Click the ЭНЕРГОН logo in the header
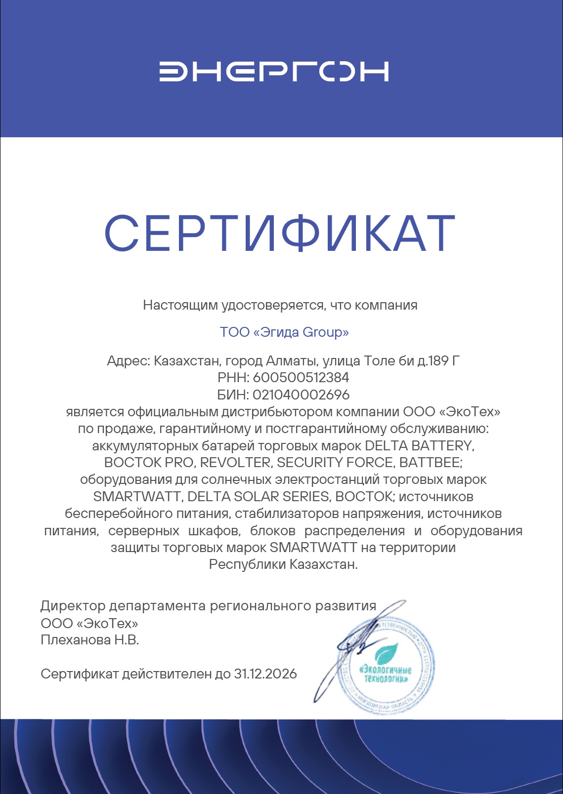pos(274,72)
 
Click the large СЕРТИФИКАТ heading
pos(280,234)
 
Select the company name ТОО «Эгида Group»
pos(284,332)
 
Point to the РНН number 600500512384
pos(301,378)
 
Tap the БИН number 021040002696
pos(301,395)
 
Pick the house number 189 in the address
pos(438,361)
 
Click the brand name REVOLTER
pos(235,463)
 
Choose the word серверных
pos(144,531)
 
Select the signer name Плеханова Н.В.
pos(90,640)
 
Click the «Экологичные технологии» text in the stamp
pos(386,675)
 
